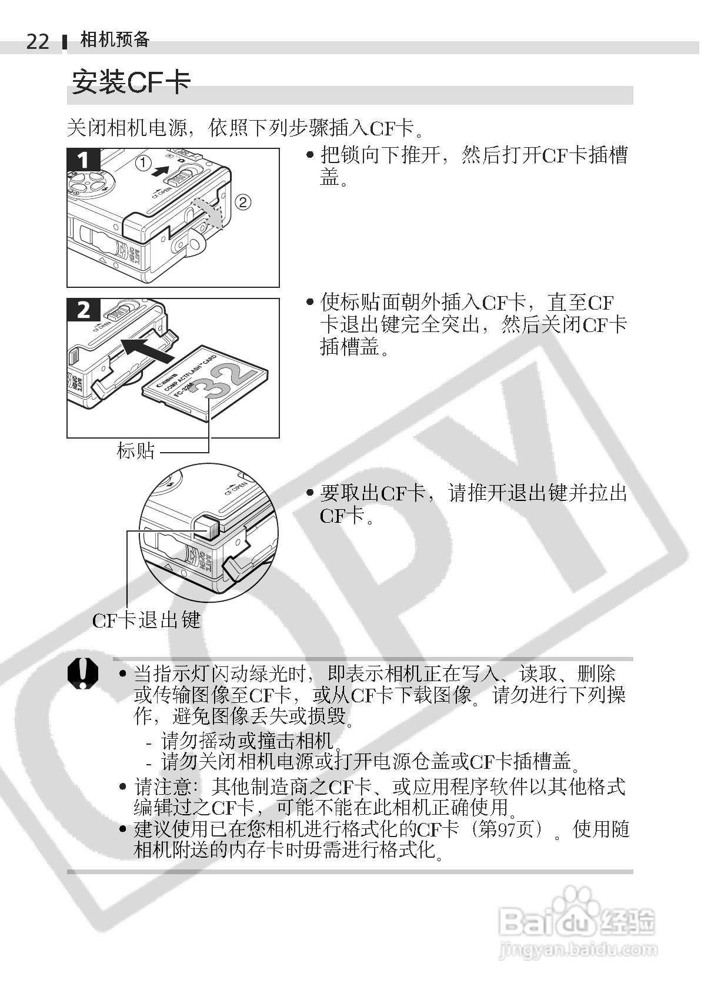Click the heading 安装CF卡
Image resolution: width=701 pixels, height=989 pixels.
[131, 82]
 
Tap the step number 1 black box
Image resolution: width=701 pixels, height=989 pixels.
[84, 160]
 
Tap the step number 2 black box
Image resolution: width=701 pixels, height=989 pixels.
[84, 310]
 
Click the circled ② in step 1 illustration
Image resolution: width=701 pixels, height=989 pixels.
[243, 202]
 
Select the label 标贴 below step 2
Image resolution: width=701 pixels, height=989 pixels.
[136, 451]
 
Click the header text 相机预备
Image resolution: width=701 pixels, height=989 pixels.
[115, 39]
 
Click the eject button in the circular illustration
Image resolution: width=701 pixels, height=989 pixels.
[205, 527]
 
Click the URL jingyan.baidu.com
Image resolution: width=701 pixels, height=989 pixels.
[577, 950]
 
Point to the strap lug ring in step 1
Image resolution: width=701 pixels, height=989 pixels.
[198, 241]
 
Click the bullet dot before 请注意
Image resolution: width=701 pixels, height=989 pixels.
[123, 786]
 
